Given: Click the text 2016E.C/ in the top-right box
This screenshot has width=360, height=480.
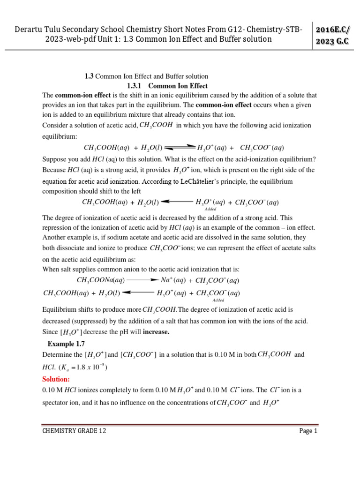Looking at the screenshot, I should [x=334, y=30].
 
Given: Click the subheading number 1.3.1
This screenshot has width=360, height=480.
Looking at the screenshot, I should [x=136, y=86].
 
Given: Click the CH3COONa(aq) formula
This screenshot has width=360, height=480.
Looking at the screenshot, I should [x=101, y=280].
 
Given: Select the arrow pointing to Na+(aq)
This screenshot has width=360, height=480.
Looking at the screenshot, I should [x=142, y=280].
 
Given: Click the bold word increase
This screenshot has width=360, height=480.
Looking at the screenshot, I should [x=156, y=332].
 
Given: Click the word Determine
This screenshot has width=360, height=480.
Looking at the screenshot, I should [x=57, y=355].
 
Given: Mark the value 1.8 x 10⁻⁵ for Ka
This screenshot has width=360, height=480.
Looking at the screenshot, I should [x=88, y=367].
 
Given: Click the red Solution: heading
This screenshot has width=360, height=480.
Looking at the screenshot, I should [x=56, y=379].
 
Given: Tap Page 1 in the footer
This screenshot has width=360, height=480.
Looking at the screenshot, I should [x=308, y=431].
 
